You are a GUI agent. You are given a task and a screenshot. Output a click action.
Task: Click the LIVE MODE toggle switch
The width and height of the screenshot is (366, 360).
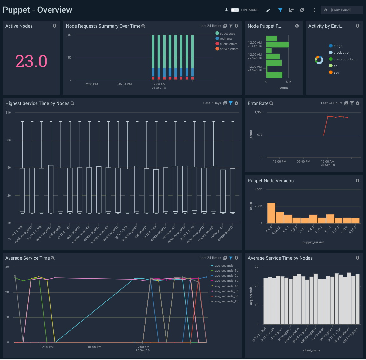pyautogui.click(x=235, y=10)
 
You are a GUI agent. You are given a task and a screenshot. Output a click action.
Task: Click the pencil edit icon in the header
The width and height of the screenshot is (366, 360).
pyautogui.click(x=268, y=10)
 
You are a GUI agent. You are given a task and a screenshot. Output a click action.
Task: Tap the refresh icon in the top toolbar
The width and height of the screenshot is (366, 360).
pyautogui.click(x=302, y=10)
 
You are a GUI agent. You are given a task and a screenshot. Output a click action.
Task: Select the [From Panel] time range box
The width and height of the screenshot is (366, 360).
pyautogui.click(x=342, y=10)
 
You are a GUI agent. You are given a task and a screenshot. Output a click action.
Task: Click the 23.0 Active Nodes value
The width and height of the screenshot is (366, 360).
pyautogui.click(x=31, y=61)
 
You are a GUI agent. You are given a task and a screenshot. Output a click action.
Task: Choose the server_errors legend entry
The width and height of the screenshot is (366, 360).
pyautogui.click(x=229, y=49)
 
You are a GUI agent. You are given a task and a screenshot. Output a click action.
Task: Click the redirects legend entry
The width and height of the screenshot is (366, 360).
pyautogui.click(x=226, y=39)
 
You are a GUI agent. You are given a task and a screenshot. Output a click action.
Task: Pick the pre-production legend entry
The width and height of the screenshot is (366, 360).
pyautogui.click(x=344, y=59)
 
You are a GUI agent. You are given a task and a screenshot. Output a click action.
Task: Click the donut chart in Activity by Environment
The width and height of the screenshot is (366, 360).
pyautogui.click(x=319, y=59)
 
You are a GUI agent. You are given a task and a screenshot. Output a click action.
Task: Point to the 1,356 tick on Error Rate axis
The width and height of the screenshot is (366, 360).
pyautogui.click(x=259, y=112)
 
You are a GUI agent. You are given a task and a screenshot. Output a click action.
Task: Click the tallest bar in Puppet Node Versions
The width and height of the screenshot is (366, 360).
pyautogui.click(x=271, y=213)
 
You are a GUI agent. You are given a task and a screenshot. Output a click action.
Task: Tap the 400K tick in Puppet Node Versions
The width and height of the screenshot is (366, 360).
pyautogui.click(x=258, y=190)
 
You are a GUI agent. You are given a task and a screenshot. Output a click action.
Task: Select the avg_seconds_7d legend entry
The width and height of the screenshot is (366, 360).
pyautogui.click(x=226, y=301)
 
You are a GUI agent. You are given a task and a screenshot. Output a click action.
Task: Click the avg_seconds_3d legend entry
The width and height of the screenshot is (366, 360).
pyautogui.click(x=226, y=281)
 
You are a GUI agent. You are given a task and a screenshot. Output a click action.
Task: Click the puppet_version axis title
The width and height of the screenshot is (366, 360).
pyautogui.click(x=313, y=242)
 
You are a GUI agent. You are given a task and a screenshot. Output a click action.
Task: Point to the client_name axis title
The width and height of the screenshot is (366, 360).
pyautogui.click(x=311, y=350)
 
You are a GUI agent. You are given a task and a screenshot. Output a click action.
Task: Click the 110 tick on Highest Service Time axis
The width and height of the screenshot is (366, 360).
pyautogui.click(x=8, y=113)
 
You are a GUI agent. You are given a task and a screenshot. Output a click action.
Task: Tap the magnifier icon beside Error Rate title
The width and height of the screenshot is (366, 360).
pyautogui.click(x=271, y=103)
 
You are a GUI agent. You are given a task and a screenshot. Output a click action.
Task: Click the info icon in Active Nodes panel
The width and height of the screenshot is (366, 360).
pyautogui.click(x=55, y=26)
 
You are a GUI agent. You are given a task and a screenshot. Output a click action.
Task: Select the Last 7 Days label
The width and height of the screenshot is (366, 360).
pyautogui.click(x=212, y=103)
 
